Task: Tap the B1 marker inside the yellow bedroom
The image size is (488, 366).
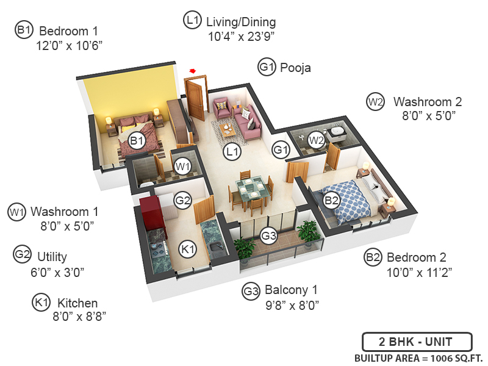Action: (x=137, y=141)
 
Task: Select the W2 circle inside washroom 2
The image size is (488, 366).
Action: (x=315, y=140)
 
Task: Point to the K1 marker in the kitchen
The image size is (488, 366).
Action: (x=187, y=248)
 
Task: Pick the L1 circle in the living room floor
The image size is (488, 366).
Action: (x=232, y=150)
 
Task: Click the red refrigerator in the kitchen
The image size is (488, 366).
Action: (x=149, y=210)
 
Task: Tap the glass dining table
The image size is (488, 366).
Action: (x=251, y=187)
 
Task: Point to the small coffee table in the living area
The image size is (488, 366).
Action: (x=228, y=129)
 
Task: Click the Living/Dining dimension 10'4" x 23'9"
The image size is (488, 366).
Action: (x=241, y=36)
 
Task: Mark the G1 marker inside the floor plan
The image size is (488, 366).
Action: (x=281, y=149)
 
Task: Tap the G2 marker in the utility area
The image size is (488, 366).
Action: (x=183, y=199)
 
